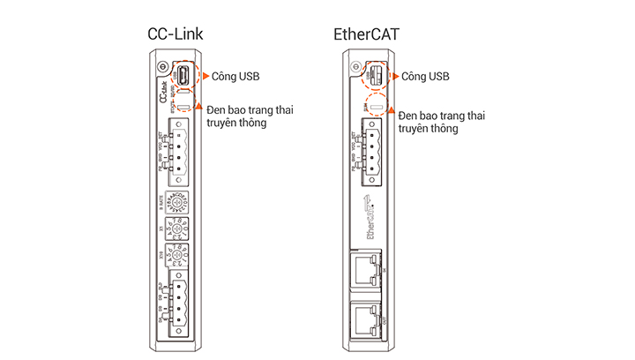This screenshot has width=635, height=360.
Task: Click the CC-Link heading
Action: coord(176,33)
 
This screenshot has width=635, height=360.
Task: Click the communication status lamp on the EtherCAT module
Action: coord(376,109)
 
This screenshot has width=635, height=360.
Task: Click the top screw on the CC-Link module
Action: coord(161,69)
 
